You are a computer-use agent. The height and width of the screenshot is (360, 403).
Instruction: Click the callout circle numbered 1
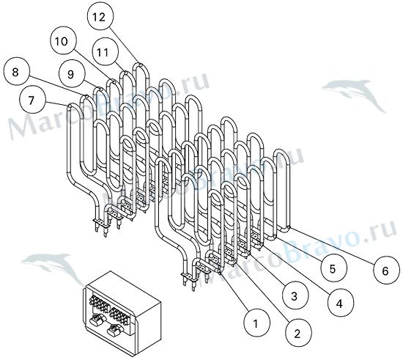coord(257,323)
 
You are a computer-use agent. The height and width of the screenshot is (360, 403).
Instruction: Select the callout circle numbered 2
coord(298,334)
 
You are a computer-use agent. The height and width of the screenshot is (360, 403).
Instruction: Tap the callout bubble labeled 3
coord(295,296)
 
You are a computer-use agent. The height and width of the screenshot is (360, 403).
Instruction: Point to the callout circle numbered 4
coord(341,304)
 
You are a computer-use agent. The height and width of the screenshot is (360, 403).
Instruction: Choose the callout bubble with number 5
coord(334,268)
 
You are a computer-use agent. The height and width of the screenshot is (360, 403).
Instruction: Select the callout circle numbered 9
coord(72,74)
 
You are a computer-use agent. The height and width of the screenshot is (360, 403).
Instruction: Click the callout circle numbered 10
coord(63,41)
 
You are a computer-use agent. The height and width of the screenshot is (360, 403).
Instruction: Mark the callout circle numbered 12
coord(100,17)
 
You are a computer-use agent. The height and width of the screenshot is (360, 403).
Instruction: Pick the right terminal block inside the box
coord(120,315)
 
